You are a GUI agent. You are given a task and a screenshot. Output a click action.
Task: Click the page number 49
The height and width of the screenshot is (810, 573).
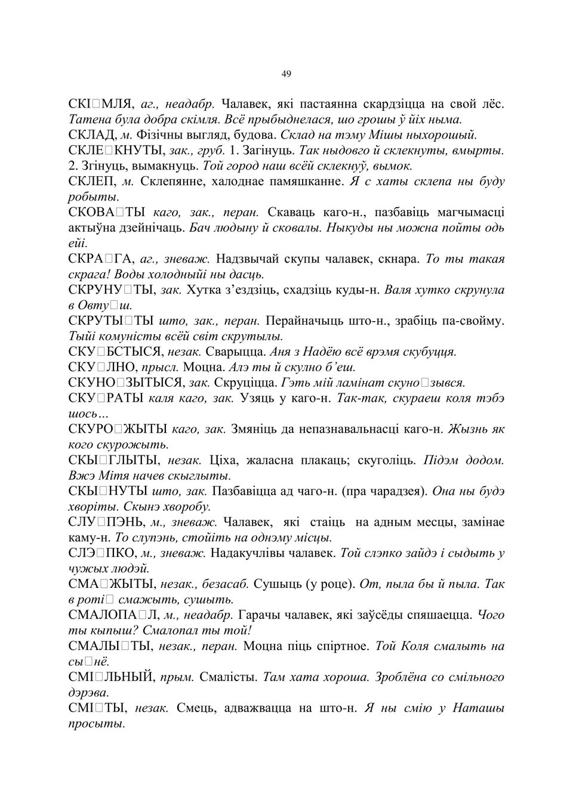286,74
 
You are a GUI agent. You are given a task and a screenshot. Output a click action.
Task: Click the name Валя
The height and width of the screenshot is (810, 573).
398,290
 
